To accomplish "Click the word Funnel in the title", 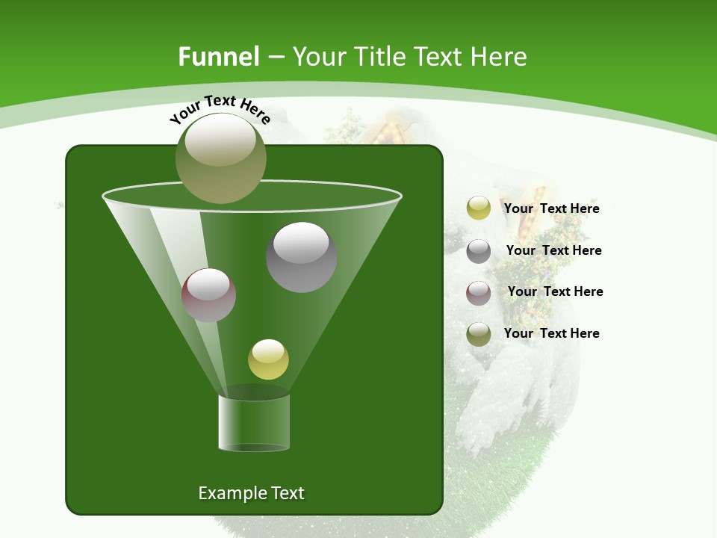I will click(x=219, y=57).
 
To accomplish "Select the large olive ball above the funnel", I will click(x=221, y=158).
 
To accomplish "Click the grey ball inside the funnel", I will click(x=301, y=257).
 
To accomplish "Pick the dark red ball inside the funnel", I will click(x=208, y=295).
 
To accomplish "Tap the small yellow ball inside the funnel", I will click(x=268, y=359).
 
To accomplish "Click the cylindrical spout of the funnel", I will click(x=254, y=422).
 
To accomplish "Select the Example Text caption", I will click(x=251, y=493).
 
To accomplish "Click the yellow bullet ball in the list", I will click(x=479, y=208).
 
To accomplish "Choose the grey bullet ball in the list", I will click(x=479, y=251).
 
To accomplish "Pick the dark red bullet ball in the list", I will click(x=479, y=292).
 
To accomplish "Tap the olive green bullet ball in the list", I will click(x=479, y=334).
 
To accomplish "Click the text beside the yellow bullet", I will click(x=551, y=208).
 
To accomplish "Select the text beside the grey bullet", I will click(x=553, y=250).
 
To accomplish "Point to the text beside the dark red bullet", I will click(x=555, y=291).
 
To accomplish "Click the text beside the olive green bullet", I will click(x=551, y=333).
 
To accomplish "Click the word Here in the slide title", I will click(x=499, y=57).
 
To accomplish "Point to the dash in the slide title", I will click(x=275, y=57).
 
